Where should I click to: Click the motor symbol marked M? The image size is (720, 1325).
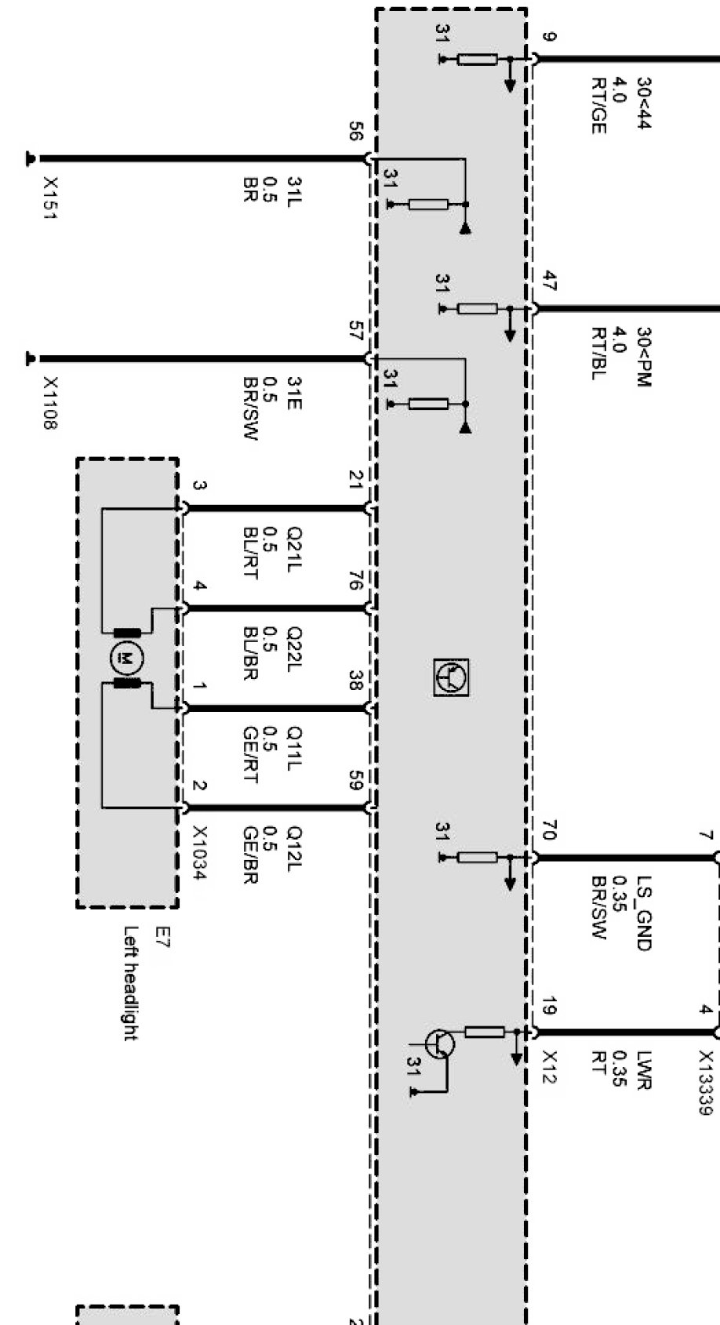tap(125, 658)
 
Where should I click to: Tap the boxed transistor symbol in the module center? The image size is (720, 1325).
tap(451, 677)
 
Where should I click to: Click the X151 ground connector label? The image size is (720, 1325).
tap(50, 198)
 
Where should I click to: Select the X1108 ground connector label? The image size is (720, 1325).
tap(50, 403)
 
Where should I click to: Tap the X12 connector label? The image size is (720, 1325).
tap(549, 1066)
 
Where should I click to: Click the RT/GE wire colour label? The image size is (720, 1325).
tap(598, 106)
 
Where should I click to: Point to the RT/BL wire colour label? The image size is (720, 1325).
tap(598, 354)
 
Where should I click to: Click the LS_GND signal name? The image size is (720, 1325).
tap(644, 913)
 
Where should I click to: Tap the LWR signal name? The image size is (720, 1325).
tap(644, 1071)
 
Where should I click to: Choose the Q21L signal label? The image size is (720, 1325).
tap(294, 549)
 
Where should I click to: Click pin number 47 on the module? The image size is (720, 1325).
tap(549, 281)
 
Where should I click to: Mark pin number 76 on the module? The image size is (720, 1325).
tap(355, 581)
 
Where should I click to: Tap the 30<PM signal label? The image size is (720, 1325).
tap(644, 357)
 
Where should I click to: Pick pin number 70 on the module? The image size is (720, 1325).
tap(549, 830)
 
